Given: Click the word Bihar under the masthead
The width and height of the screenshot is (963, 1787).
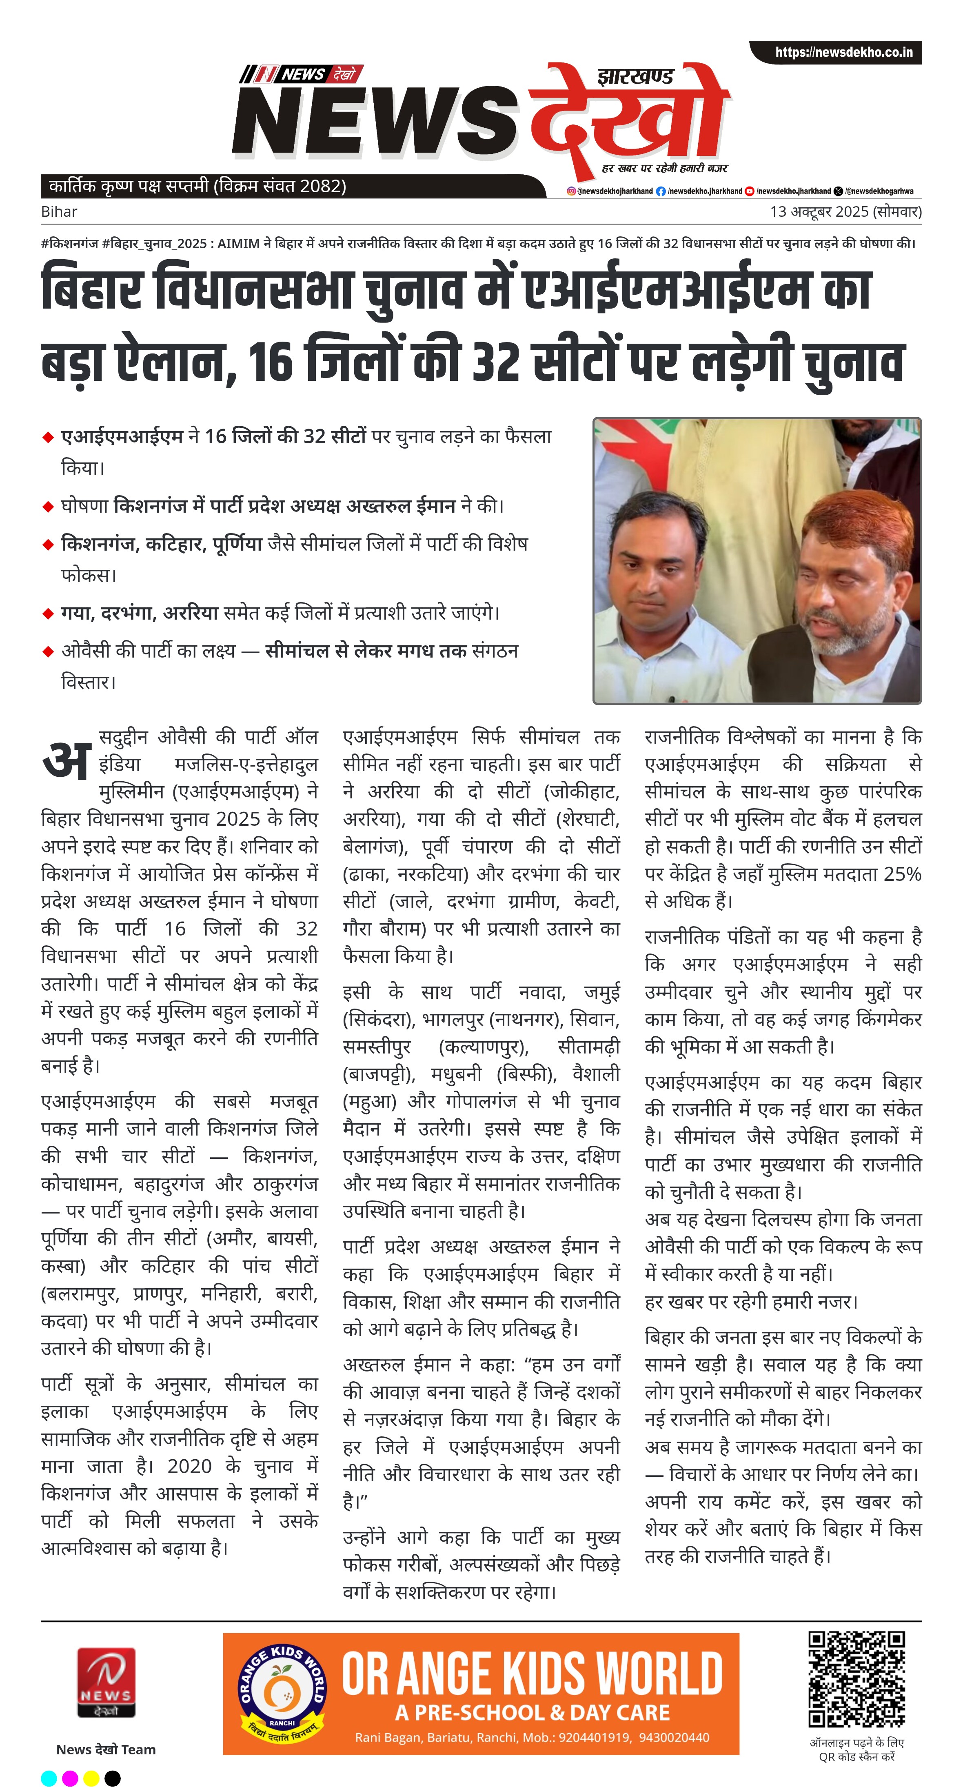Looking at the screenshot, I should click(x=59, y=211).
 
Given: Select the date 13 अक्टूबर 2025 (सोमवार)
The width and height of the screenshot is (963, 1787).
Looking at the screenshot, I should click(x=845, y=211).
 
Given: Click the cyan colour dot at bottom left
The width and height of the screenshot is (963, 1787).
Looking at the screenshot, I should click(x=49, y=1778).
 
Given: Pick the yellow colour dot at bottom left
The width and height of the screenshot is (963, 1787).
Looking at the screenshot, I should click(x=91, y=1778).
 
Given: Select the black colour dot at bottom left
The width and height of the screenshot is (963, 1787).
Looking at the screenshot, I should click(x=112, y=1778).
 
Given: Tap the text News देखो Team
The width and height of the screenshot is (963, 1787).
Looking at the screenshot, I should click(x=106, y=1749).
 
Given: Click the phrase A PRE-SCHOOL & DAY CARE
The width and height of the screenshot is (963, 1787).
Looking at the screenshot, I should click(x=533, y=1713).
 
